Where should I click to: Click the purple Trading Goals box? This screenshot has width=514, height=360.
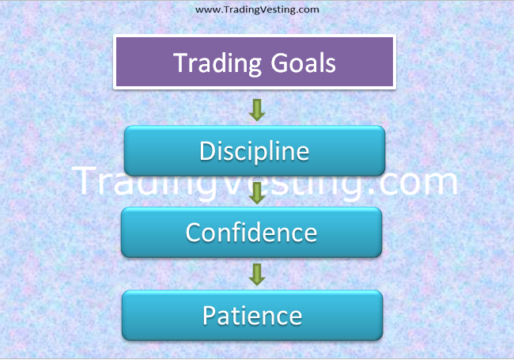tap(255, 62)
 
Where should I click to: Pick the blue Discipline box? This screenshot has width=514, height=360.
tap(255, 150)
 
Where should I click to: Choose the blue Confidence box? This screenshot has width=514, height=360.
tap(251, 233)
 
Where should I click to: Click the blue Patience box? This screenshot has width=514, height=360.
tap(252, 315)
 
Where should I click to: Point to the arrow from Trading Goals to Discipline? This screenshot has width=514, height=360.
tap(255, 109)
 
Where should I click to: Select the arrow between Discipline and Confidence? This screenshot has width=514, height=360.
tap(255, 193)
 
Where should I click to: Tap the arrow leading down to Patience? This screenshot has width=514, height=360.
tap(255, 275)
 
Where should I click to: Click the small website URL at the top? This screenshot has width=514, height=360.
tap(257, 9)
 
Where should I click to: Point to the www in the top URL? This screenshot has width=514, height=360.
tap(205, 9)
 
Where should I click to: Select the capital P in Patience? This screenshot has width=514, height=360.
tap(210, 315)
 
